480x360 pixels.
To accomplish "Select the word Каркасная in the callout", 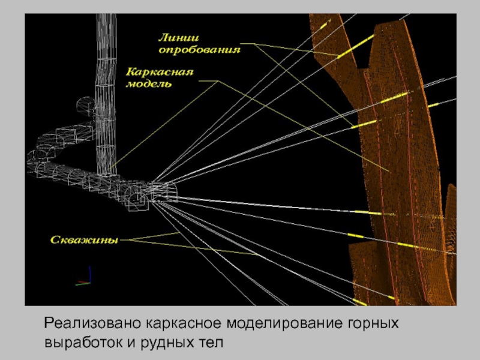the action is (159, 72).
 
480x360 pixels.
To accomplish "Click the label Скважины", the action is (83, 240).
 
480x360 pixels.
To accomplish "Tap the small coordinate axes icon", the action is (84, 278).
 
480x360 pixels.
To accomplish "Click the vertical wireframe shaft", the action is (106, 90).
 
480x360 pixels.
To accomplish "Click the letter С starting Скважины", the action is (52, 240).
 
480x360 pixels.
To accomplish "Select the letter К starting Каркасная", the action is (130, 72).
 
